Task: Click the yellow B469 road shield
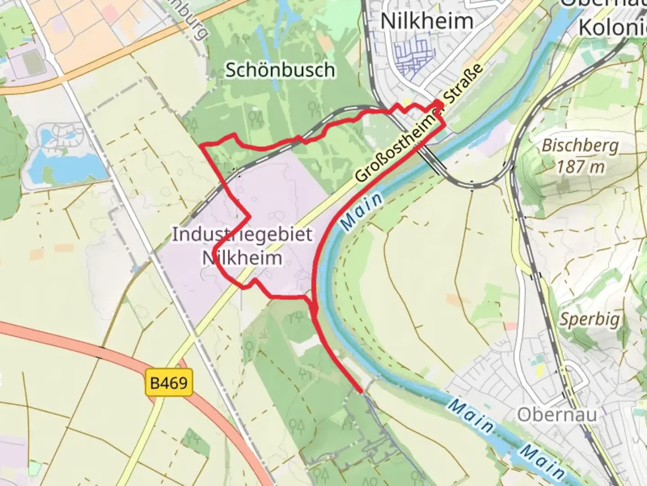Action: coord(169,383)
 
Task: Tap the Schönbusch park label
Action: coord(280,70)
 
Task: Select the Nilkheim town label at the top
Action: coord(427,21)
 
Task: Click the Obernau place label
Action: coord(557,414)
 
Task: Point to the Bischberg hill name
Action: coord(580,146)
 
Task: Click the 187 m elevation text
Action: coord(581,167)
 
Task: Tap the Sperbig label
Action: coord(589,319)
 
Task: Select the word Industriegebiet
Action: coord(242,234)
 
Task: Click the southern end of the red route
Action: coord(361,391)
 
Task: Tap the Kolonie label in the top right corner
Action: coord(612,28)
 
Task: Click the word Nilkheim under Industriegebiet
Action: coord(242,258)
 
